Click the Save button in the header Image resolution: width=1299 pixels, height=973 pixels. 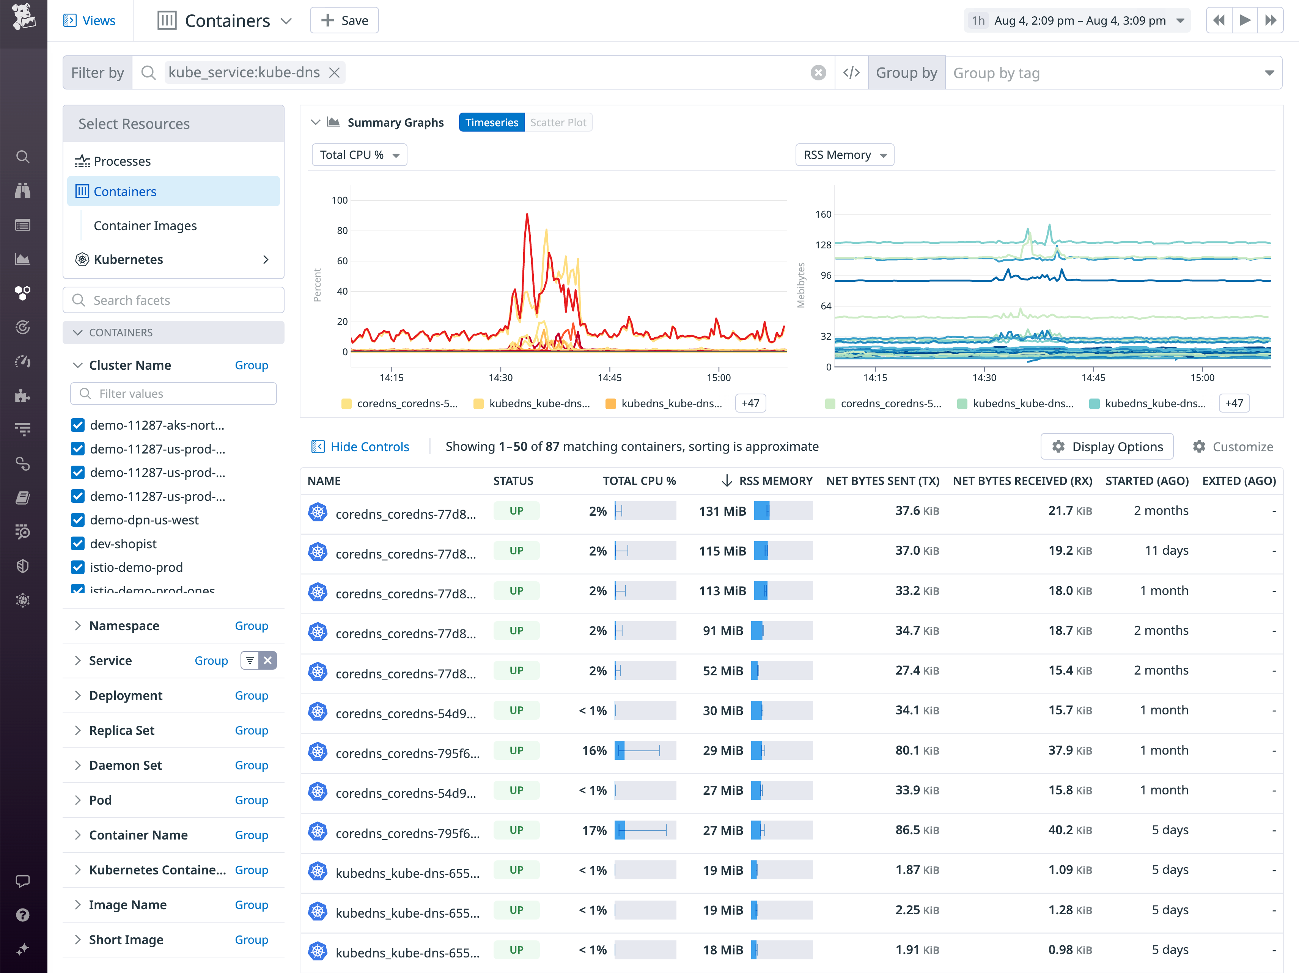[344, 20]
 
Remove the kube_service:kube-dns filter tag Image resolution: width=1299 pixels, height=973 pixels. [334, 73]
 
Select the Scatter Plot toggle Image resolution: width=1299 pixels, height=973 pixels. [558, 122]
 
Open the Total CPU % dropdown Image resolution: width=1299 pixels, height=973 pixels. [359, 155]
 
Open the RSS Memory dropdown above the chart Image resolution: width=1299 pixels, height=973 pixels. [844, 155]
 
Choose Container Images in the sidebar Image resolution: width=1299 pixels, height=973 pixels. [145, 226]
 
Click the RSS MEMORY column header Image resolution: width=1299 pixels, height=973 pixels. [775, 481]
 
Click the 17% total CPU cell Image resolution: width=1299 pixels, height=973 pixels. [594, 830]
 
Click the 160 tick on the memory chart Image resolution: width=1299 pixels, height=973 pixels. [823, 214]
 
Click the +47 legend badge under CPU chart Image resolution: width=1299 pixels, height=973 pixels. [750, 403]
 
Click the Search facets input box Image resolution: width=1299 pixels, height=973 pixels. [174, 300]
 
